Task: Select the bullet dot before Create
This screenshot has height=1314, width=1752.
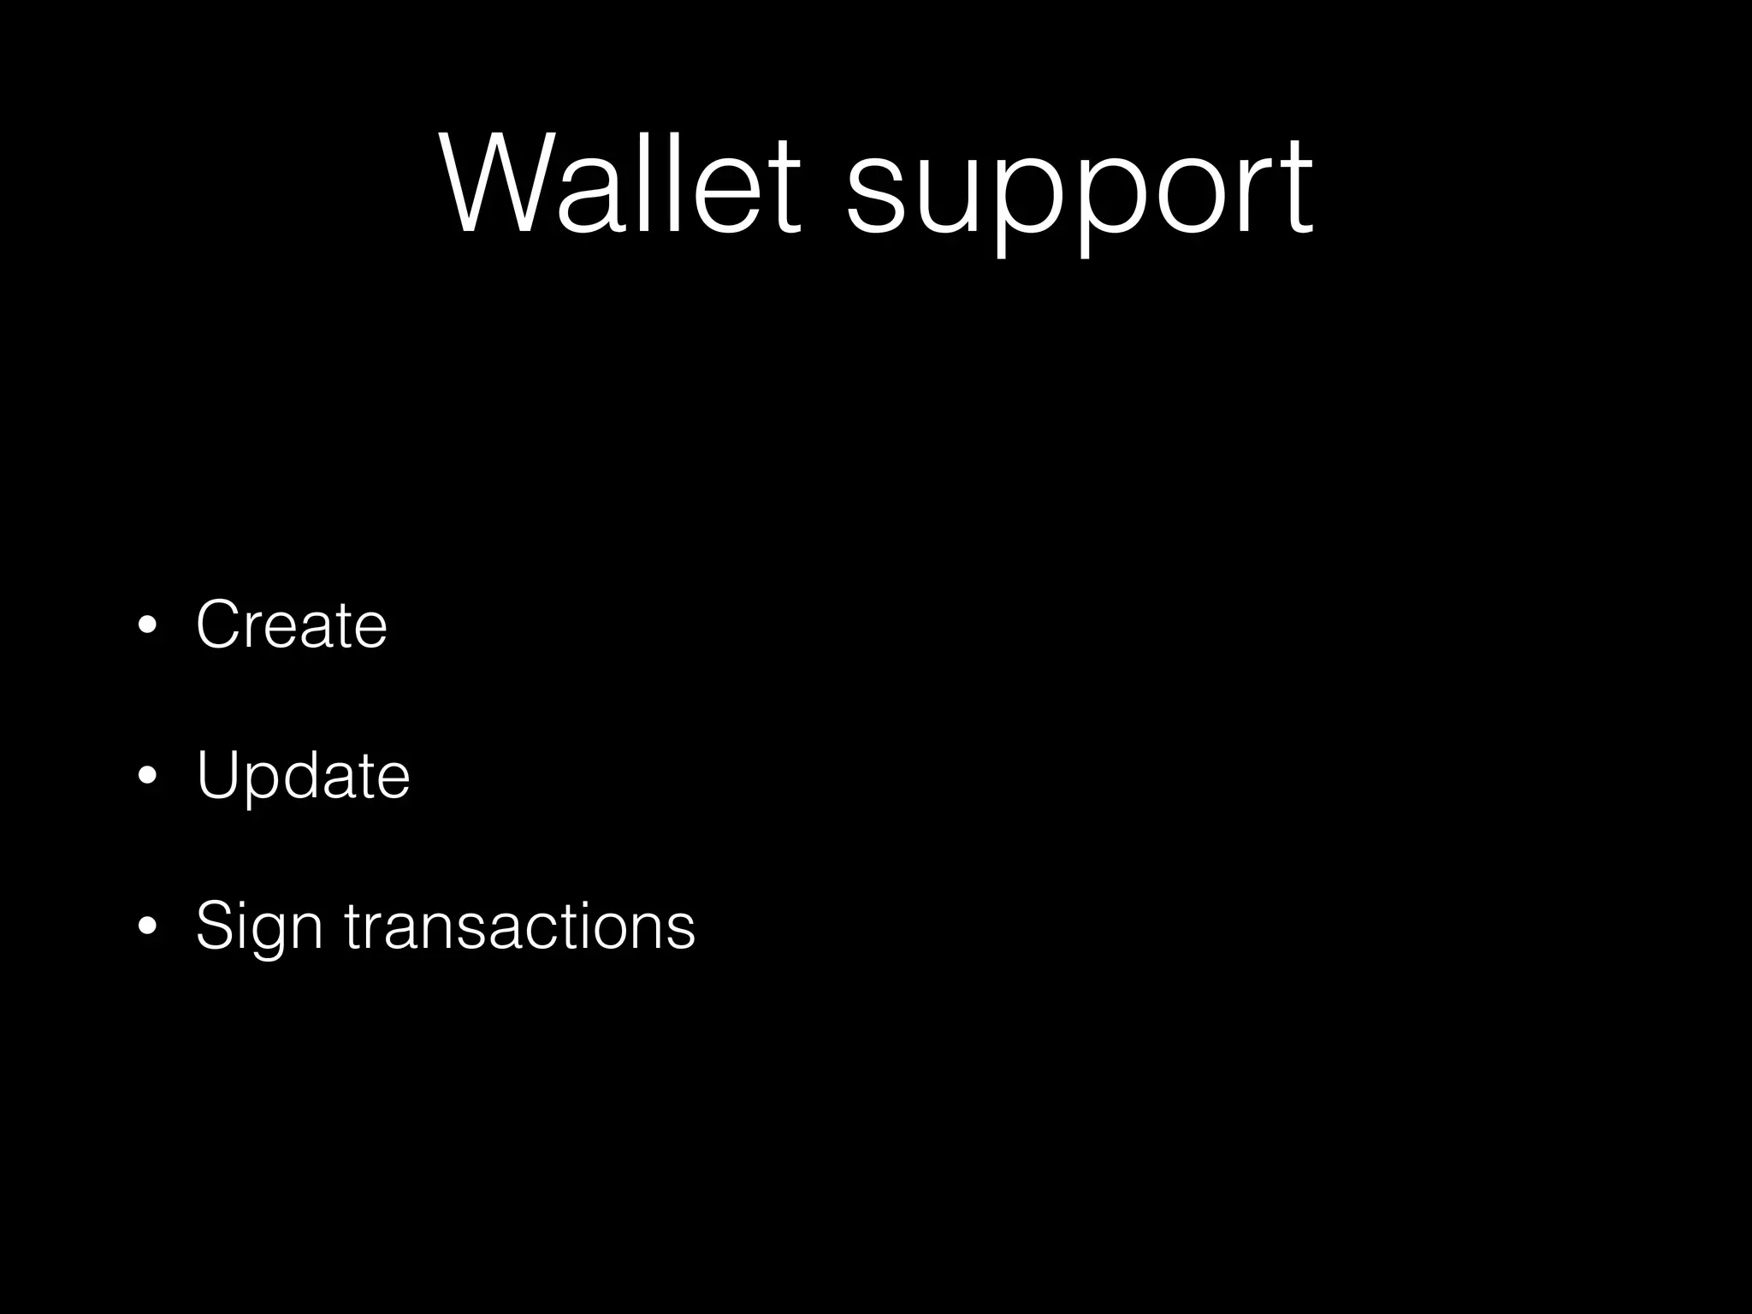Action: (x=147, y=625)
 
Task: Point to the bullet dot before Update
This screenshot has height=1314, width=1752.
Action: (x=147, y=776)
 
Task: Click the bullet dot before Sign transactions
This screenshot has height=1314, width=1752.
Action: (x=147, y=926)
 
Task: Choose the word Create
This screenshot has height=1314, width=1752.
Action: (x=292, y=624)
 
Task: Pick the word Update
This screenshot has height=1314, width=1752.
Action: (x=303, y=775)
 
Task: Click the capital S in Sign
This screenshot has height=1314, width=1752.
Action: (x=217, y=925)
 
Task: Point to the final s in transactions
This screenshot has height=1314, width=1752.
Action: (x=681, y=930)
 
